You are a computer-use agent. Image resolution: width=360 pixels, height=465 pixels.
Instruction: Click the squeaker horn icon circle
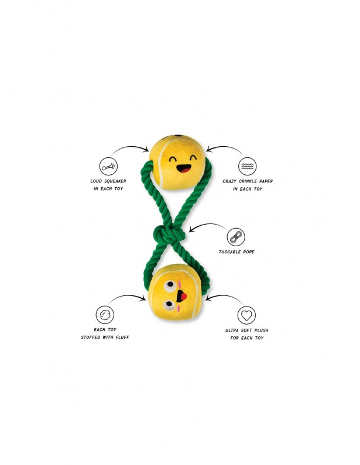click(x=107, y=166)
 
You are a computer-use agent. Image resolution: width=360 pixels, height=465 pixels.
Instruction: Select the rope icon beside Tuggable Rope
click(x=236, y=237)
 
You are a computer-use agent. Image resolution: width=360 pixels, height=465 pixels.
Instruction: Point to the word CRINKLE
click(x=248, y=181)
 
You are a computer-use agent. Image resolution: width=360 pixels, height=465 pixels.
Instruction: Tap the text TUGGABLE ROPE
click(x=239, y=252)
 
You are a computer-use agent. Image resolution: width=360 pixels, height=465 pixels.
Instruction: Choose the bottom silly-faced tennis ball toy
click(x=176, y=292)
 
